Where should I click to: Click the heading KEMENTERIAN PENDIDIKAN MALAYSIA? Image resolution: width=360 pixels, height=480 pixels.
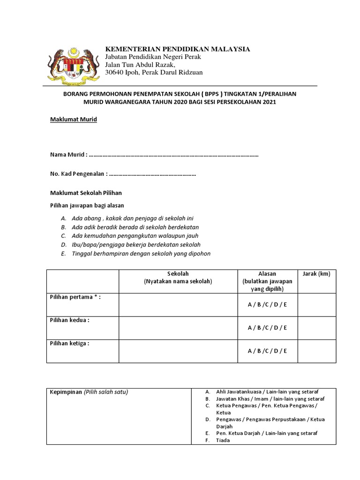177,49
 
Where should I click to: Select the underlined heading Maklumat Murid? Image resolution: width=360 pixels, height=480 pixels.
74,120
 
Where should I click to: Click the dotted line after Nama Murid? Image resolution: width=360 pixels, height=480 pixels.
173,155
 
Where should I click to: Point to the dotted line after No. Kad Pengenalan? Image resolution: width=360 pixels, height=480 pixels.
152,174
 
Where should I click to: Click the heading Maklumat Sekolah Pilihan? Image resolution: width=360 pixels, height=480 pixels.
86,193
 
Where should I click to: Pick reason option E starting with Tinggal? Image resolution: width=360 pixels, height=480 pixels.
141,254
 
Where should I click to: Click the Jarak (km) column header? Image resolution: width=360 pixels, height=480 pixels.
317,274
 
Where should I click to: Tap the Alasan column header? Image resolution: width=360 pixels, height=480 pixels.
267,274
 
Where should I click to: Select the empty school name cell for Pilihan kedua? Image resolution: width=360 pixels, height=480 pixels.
178,328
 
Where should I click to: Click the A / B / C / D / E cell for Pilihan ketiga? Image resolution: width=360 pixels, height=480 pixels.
267,351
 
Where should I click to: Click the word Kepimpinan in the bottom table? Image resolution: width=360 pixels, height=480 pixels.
66,392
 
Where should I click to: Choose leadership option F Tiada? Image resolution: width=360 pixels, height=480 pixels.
223,441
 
